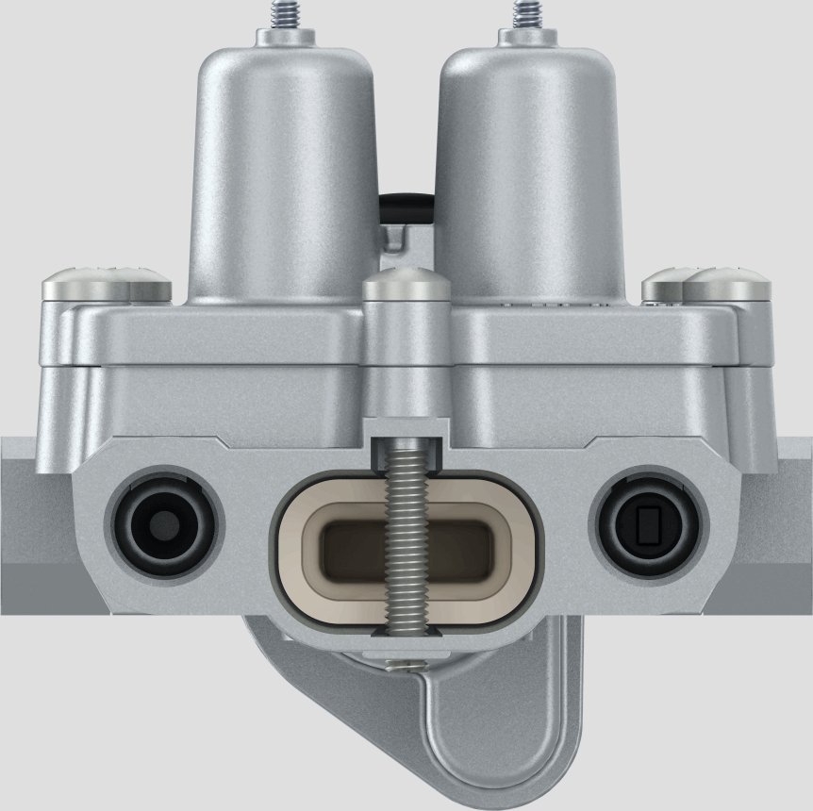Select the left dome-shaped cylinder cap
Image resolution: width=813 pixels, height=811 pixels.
[283, 170]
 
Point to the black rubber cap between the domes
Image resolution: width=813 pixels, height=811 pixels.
[406, 200]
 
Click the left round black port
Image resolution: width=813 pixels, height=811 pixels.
[167, 521]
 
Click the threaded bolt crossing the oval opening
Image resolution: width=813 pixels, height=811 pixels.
[406, 538]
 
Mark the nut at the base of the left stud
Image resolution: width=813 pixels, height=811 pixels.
[283, 36]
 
